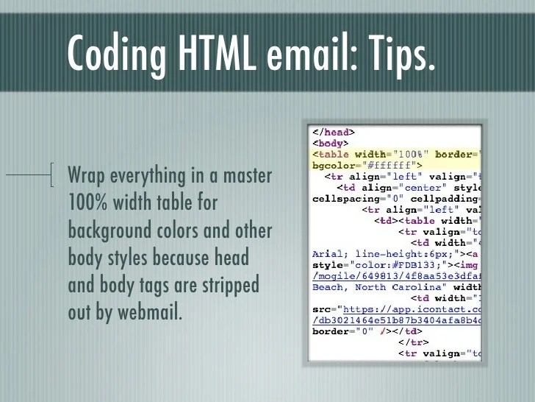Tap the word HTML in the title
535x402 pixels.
[215, 52]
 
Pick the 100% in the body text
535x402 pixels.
[87, 203]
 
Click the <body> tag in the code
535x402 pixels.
[330, 144]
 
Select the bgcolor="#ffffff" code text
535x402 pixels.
[365, 166]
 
